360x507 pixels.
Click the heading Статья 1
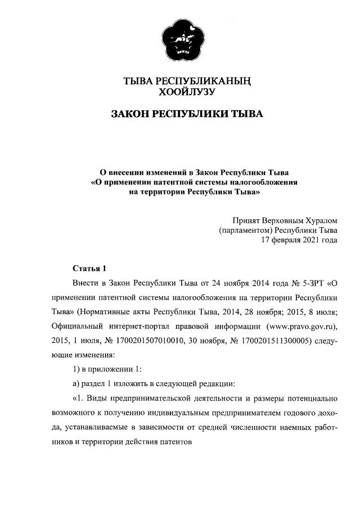point(89,267)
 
